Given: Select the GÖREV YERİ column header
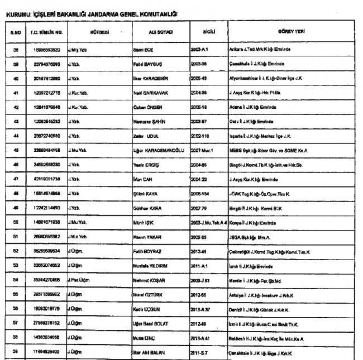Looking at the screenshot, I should (x=290, y=31).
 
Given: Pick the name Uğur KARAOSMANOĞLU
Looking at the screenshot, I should (x=163, y=151).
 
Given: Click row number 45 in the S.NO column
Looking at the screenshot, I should (x=16, y=151).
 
